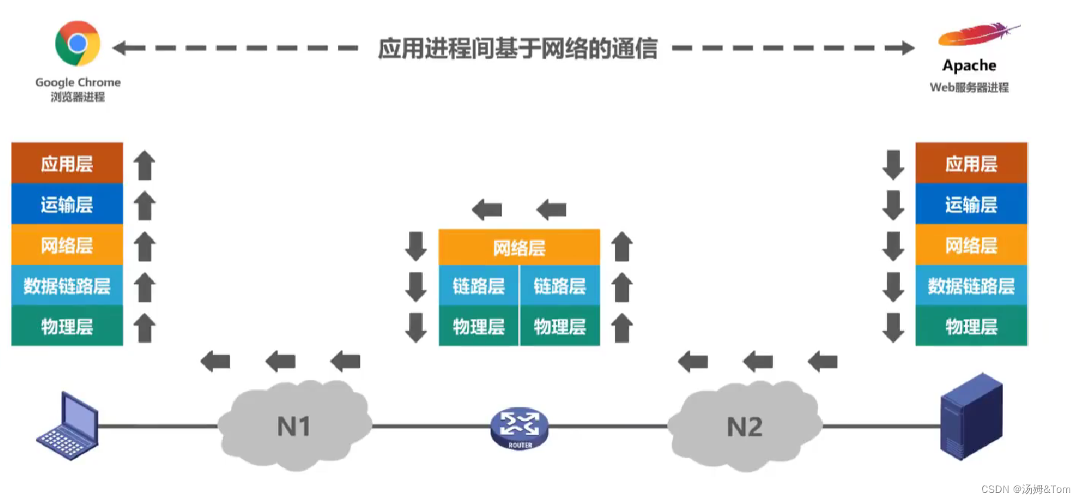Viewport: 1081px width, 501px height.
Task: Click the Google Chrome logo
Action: pos(77,44)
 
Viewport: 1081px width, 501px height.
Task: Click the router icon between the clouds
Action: pos(519,428)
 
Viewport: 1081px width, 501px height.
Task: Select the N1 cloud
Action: pos(294,426)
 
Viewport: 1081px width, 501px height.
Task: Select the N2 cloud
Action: pos(744,426)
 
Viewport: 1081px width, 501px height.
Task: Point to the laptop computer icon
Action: pos(68,427)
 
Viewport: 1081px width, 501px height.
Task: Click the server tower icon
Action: pos(971,417)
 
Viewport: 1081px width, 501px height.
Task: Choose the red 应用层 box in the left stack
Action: pos(67,164)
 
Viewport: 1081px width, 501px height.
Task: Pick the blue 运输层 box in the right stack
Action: pos(971,204)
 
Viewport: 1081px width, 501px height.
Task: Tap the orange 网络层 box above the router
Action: pos(519,248)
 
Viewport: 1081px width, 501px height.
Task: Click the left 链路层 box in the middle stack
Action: pos(479,286)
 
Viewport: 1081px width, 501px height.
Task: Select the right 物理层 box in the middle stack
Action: pos(559,327)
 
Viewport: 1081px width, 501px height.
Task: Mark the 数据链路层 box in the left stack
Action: pos(67,286)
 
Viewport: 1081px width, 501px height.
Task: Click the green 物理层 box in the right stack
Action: pos(971,327)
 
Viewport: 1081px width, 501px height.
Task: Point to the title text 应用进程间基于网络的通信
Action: pos(517,48)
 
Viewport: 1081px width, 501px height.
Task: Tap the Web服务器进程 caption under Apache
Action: pos(969,88)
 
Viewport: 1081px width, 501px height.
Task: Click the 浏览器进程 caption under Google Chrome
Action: pos(77,97)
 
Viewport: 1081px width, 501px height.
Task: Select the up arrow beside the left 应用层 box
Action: pos(144,165)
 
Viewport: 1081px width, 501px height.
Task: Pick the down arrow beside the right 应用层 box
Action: pos(893,164)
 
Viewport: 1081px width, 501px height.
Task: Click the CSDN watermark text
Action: pos(1025,490)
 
